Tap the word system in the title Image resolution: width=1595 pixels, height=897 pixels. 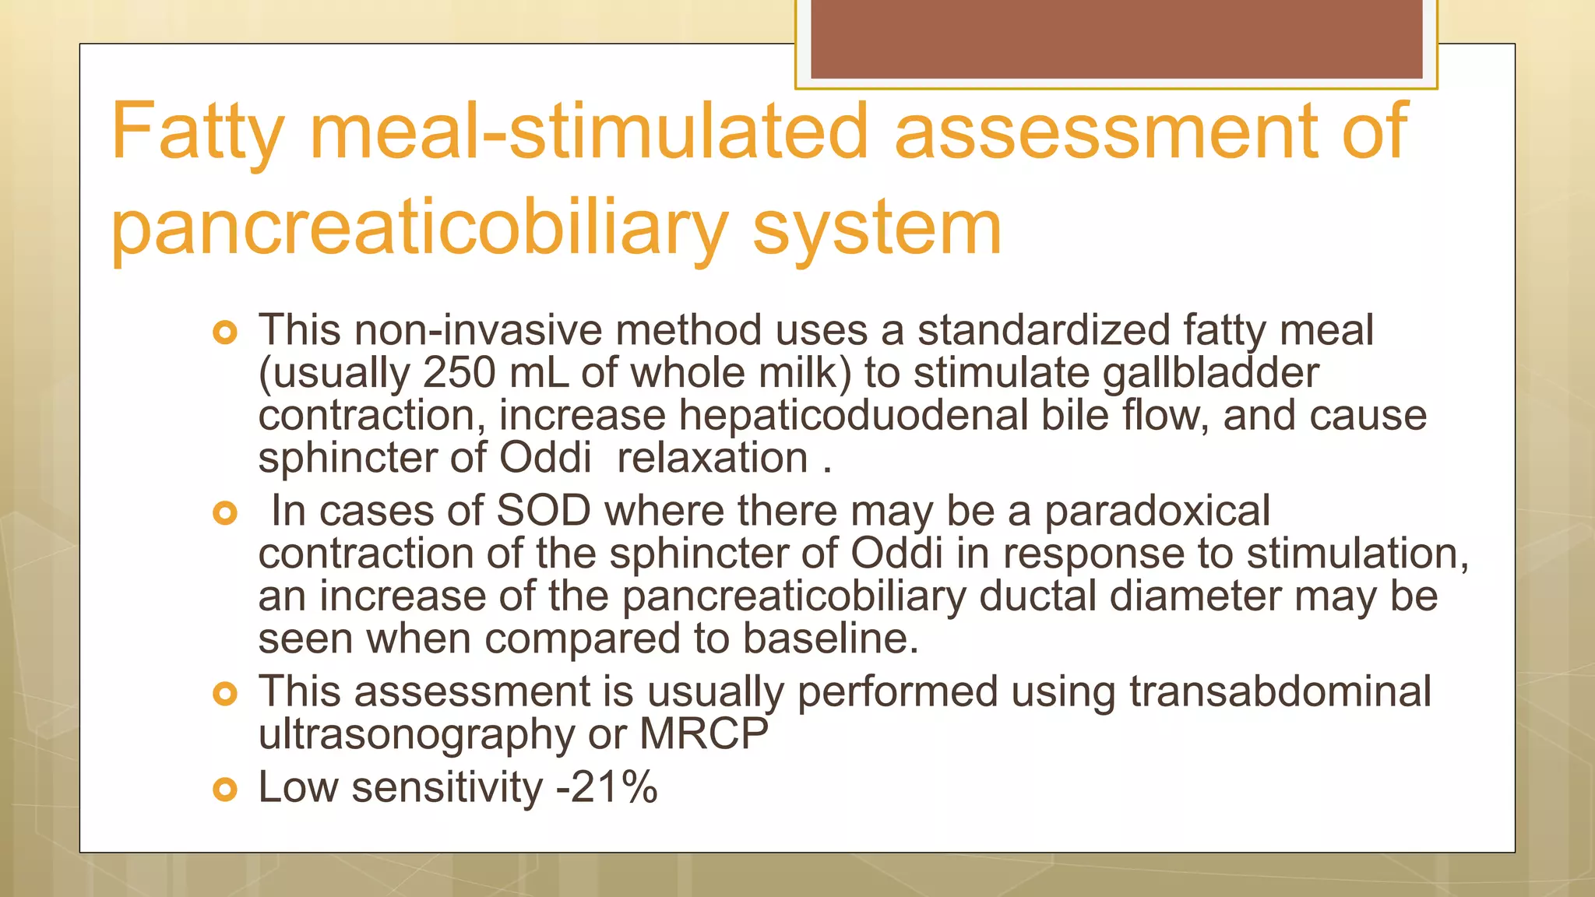[x=877, y=227]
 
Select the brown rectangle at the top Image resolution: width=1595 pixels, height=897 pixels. [x=1116, y=38]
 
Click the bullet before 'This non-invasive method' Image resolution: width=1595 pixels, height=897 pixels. [x=224, y=333]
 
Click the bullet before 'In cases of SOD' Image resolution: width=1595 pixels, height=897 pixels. [x=224, y=513]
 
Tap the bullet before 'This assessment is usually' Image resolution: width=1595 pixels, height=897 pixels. [x=224, y=694]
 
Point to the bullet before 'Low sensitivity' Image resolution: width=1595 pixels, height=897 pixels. [x=224, y=790]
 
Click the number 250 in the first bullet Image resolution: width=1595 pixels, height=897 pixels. [x=459, y=373]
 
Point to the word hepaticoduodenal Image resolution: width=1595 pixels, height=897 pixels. [x=854, y=415]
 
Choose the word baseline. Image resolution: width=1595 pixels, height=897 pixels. [x=830, y=638]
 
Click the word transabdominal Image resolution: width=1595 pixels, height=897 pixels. [x=1280, y=691]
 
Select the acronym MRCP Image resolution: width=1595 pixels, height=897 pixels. [x=703, y=734]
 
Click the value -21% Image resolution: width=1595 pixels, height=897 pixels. [x=607, y=787]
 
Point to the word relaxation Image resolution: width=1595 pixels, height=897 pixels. [x=712, y=458]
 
